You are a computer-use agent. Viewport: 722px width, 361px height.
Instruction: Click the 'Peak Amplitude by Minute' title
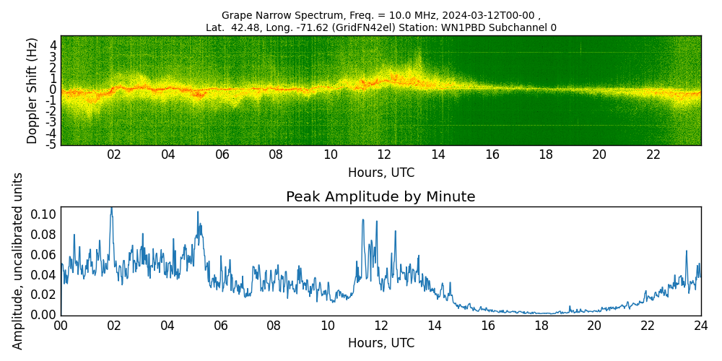click(x=380, y=197)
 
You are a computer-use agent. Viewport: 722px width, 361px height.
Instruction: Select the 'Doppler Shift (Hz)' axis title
click(x=32, y=90)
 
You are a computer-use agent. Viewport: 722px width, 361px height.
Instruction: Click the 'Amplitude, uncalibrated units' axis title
click(x=18, y=261)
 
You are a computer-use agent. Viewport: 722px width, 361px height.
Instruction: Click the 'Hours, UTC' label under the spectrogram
click(x=380, y=173)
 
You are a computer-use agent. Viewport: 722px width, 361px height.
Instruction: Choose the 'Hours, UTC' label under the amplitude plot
click(x=380, y=344)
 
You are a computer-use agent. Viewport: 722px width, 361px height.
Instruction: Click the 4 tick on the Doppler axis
click(x=53, y=44)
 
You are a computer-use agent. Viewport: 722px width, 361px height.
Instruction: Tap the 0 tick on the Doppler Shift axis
click(x=53, y=90)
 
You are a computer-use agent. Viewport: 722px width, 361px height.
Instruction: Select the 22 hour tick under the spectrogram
click(x=653, y=155)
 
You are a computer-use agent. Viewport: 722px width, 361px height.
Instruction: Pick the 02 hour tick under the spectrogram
click(x=114, y=155)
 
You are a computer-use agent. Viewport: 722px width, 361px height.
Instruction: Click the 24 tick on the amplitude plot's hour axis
click(x=700, y=326)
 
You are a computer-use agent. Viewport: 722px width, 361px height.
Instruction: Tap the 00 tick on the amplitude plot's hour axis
click(x=61, y=326)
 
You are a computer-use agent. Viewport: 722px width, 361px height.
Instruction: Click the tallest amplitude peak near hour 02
click(x=111, y=208)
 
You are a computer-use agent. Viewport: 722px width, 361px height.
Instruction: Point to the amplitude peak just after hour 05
click(x=197, y=212)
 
